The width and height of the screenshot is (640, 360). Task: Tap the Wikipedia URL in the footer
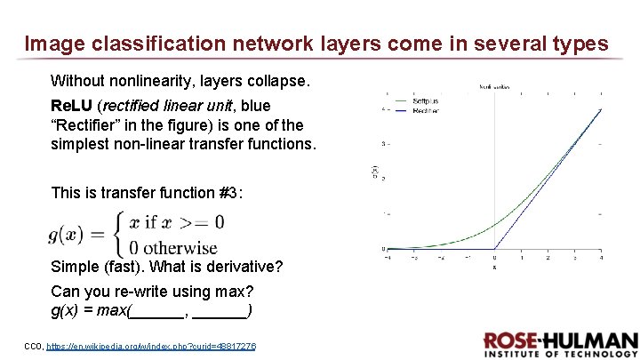[x=150, y=345]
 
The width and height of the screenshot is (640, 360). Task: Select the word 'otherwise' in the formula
[x=180, y=247]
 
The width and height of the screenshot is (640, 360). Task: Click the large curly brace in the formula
[x=115, y=234]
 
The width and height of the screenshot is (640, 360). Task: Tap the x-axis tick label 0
[x=494, y=257]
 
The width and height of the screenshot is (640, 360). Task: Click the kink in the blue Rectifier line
[x=494, y=249]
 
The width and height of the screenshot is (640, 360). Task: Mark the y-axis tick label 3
[x=382, y=143]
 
